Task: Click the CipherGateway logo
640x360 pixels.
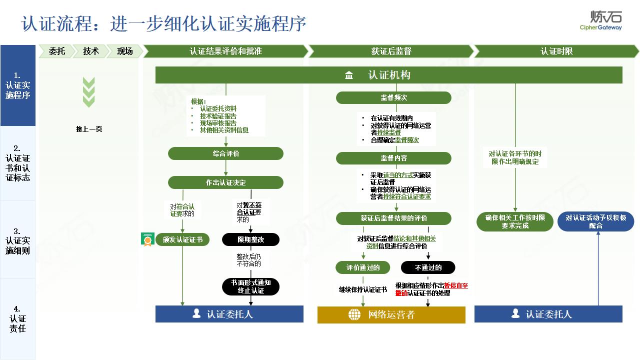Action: point(600,20)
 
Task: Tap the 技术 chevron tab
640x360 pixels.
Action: point(90,51)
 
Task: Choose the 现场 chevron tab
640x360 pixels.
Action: point(124,51)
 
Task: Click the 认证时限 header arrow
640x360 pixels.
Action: point(556,51)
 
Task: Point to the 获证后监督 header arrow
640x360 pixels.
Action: point(391,51)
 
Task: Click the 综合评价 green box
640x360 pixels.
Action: point(225,153)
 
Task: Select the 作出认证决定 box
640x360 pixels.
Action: point(225,182)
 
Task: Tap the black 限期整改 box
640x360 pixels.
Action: point(250,239)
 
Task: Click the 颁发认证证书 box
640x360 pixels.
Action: point(182,239)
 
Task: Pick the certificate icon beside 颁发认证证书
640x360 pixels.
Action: point(147,239)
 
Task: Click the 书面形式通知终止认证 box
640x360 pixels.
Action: point(250,286)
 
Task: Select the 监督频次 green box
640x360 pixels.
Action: point(393,97)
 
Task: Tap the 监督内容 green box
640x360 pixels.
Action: point(393,158)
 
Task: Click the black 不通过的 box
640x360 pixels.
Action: point(428,267)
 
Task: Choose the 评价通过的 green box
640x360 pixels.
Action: point(363,267)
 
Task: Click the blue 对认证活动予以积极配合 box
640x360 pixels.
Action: point(595,221)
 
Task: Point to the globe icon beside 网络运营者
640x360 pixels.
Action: point(354,314)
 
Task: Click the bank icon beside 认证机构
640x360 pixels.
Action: point(349,75)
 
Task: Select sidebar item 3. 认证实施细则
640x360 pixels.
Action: point(17,241)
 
